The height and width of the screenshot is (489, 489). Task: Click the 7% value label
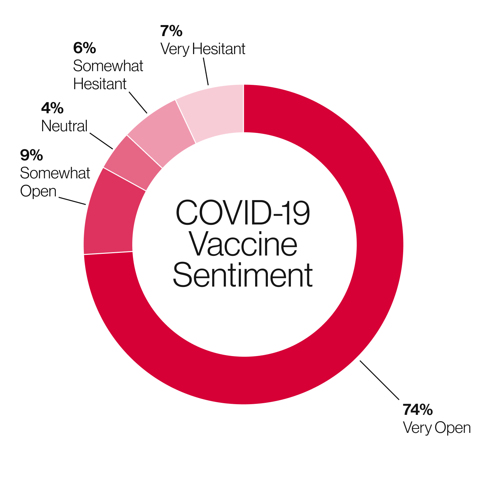pos(171,31)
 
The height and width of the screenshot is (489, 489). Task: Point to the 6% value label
pos(85,48)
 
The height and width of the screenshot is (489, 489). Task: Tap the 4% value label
pos(52,108)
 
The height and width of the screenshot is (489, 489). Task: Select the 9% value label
pos(31,155)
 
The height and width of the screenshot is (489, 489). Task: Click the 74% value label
pos(418,410)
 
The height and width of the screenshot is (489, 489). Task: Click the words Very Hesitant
pos(203,49)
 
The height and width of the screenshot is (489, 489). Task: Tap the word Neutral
pos(64,126)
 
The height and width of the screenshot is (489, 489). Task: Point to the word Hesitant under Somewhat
pos(100,84)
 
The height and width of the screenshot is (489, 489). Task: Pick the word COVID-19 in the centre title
pos(242,213)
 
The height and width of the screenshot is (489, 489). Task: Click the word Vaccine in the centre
pos(243,244)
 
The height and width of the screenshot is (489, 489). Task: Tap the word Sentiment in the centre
pos(243,275)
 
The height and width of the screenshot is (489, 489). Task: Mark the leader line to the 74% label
pos(379,380)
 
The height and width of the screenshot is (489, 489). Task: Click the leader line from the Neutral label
pos(101,141)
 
